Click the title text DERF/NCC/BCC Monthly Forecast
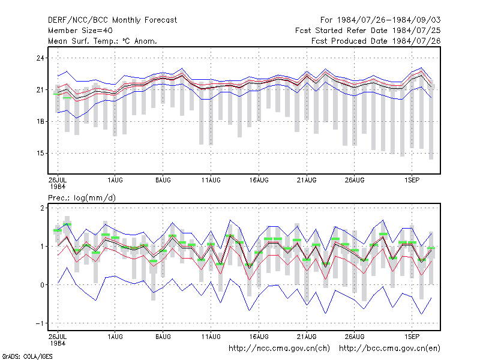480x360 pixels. pos(112,20)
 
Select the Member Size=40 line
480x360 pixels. pos(80,31)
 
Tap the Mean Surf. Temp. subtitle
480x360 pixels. pos(103,41)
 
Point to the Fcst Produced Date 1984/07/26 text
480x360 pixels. pos(376,41)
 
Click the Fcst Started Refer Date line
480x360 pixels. pos(368,31)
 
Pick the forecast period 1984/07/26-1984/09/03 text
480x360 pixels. pos(380,20)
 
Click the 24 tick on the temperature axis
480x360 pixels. pos(40,58)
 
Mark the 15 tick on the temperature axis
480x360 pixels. pos(40,153)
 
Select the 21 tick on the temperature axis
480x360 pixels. pos(40,89)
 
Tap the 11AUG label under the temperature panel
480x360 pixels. pos(211,180)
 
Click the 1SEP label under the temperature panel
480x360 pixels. pos(412,180)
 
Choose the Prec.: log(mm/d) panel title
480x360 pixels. pos(82,198)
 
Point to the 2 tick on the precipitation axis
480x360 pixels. pos(42,208)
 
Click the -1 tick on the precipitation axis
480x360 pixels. pos(40,323)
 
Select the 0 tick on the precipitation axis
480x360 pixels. pos(42,284)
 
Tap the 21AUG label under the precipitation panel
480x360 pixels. pos(307,337)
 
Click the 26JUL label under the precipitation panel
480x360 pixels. pos(58,337)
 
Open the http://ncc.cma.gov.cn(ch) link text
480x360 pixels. pos(279,349)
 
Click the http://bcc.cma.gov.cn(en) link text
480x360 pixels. pos(389,349)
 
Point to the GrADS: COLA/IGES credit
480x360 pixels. pos(27,356)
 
